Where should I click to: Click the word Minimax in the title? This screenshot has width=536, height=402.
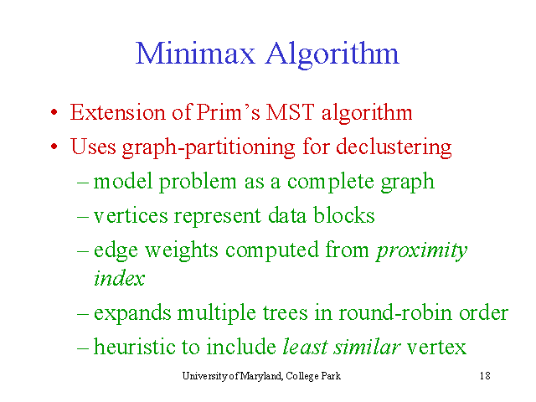(195, 54)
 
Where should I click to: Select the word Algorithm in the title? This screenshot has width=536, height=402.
(332, 55)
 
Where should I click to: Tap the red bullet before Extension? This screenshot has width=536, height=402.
(54, 112)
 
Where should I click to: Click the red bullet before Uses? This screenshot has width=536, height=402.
(54, 147)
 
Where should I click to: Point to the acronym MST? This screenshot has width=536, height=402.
(290, 112)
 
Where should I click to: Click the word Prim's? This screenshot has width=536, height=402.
(229, 112)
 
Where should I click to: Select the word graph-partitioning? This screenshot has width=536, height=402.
(209, 147)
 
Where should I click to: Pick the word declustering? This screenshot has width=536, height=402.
(394, 147)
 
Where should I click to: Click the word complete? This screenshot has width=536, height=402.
(330, 182)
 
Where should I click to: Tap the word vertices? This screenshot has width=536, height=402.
(131, 216)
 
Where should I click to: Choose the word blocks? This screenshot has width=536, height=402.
(344, 215)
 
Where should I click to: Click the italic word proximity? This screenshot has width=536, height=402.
(422, 251)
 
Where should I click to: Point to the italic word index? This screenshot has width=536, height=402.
(119, 277)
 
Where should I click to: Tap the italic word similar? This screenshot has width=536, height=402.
(367, 346)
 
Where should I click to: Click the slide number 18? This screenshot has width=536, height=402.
(485, 376)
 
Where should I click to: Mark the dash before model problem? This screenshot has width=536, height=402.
(83, 183)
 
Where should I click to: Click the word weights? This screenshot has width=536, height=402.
(181, 250)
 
